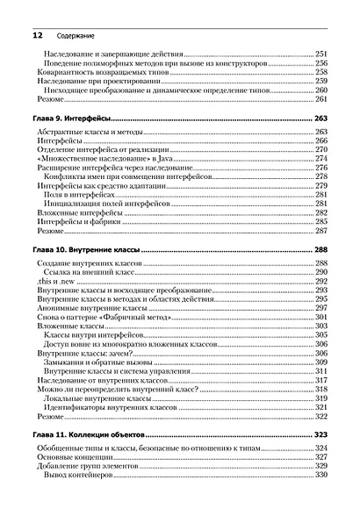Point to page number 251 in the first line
click(320, 54)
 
